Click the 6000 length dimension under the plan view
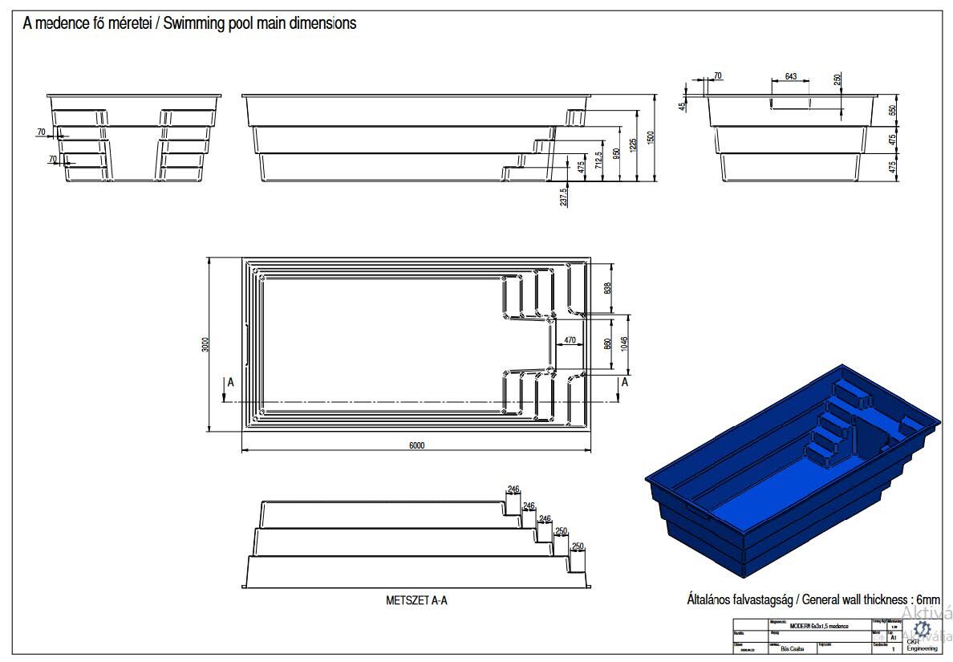click(416, 445)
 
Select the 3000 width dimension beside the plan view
click(206, 344)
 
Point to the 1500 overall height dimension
click(651, 137)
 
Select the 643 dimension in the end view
click(790, 76)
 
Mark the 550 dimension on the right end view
click(892, 111)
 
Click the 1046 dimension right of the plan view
click(623, 343)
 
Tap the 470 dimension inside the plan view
click(570, 340)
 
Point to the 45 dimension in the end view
click(683, 105)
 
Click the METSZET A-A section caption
click(416, 599)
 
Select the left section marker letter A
click(230, 383)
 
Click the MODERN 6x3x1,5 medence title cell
click(819, 624)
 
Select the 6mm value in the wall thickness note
click(927, 599)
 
